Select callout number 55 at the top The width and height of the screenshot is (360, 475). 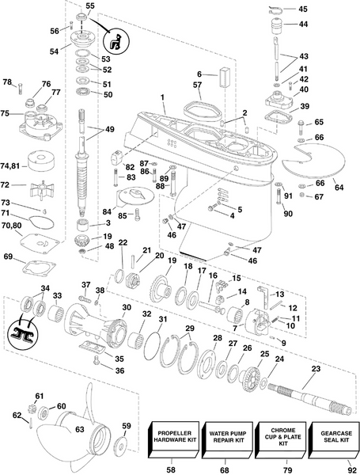pos(89,6)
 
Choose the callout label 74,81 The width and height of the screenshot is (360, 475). pos(10,165)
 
